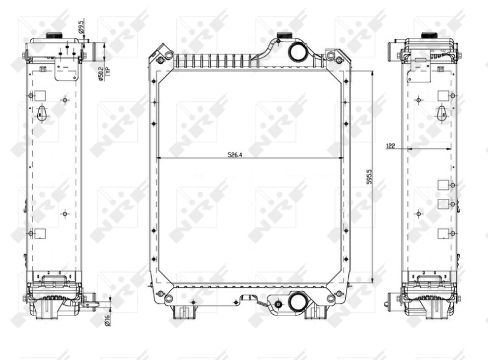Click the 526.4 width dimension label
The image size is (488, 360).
[235, 155]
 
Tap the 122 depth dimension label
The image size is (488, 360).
[390, 146]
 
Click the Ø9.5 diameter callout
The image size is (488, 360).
[81, 27]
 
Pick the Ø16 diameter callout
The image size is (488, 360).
[107, 318]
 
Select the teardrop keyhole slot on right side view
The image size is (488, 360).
[442, 112]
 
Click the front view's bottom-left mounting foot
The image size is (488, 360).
[182, 311]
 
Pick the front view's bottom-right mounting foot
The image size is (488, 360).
[318, 311]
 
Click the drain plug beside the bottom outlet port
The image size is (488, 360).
[278, 303]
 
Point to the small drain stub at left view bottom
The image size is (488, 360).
[93, 300]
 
